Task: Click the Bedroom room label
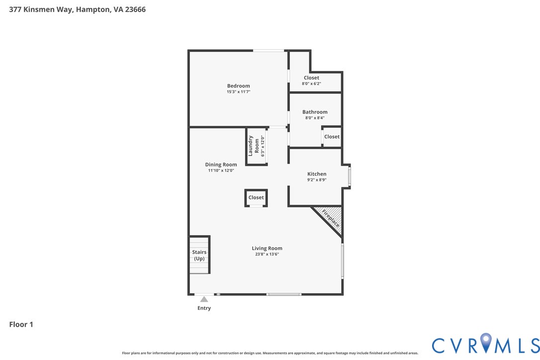pyautogui.click(x=238, y=86)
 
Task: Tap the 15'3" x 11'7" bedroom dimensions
pyautogui.click(x=238, y=92)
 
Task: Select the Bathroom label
pyautogui.click(x=315, y=112)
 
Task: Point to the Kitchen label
pyautogui.click(x=317, y=174)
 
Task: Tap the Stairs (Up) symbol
pyautogui.click(x=199, y=255)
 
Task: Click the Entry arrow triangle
pyautogui.click(x=204, y=299)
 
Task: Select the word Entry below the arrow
pyautogui.click(x=204, y=308)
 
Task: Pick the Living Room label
pyautogui.click(x=267, y=248)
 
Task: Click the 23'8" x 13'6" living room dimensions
pyautogui.click(x=267, y=255)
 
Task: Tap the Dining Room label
pyautogui.click(x=221, y=165)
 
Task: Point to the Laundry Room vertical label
pyautogui.click(x=254, y=146)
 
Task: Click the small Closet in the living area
pyautogui.click(x=256, y=197)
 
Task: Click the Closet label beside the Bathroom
pyautogui.click(x=332, y=137)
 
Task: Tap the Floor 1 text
pyautogui.click(x=21, y=324)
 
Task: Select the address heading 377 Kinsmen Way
pyautogui.click(x=77, y=9)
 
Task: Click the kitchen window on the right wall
pyautogui.click(x=350, y=177)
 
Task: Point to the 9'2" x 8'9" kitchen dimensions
pyautogui.click(x=317, y=180)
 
